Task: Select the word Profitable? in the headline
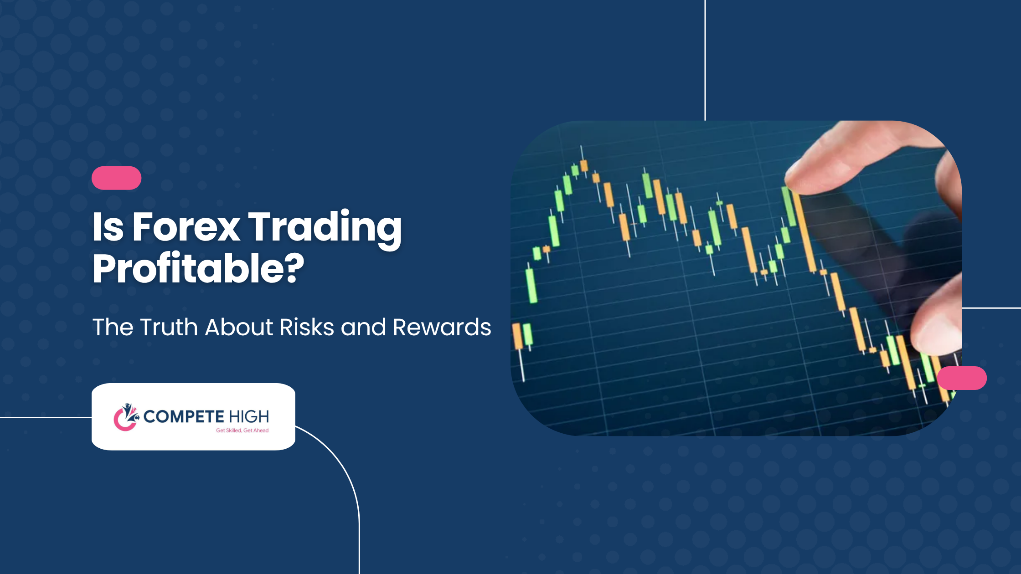point(198,268)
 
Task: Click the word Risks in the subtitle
point(307,327)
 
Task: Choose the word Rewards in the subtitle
point(442,327)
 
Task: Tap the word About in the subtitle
point(239,327)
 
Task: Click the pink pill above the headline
point(117,178)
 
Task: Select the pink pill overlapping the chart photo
point(962,378)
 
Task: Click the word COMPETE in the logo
point(184,416)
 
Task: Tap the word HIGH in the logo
point(249,416)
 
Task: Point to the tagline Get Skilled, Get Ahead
point(242,430)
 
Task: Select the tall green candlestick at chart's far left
point(531,286)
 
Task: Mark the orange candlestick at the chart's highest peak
point(584,165)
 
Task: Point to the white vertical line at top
point(705,60)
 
